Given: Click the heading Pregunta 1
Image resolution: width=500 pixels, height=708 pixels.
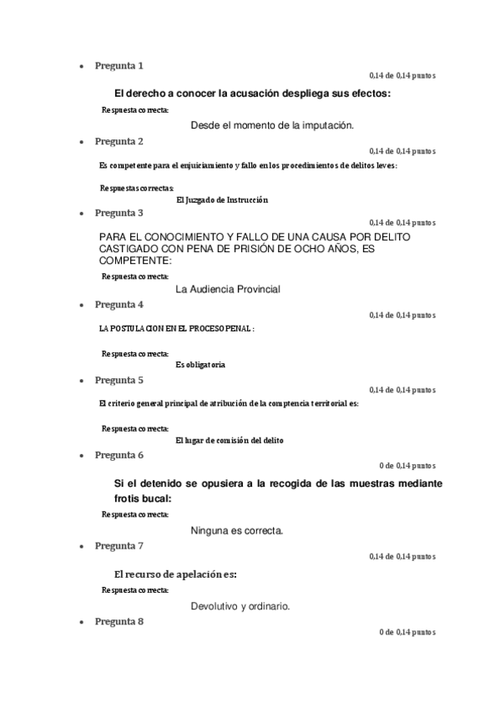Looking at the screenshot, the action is coord(119,65).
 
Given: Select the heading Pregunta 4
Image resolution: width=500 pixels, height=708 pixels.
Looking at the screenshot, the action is coord(119,304).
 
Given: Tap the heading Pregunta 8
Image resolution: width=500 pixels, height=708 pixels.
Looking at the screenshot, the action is coord(119,622).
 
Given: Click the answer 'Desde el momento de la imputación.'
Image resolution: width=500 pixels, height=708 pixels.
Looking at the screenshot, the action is coord(272,125).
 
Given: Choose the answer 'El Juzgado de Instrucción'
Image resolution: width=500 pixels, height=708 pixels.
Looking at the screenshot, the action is coord(223,200).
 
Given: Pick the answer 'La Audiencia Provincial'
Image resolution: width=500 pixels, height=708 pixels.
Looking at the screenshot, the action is coord(228,290).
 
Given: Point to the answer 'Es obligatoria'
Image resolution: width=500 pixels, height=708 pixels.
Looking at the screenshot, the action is coord(200,365).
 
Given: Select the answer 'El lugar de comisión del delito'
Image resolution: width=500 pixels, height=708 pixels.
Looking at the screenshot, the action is coord(229,440).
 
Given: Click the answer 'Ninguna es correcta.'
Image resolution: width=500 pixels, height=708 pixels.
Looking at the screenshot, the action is coord(237,530).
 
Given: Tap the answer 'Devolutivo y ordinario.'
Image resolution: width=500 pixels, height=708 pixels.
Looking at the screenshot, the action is coord(240,606).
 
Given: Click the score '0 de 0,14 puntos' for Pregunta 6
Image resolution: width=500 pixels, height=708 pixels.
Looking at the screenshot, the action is coord(407,466).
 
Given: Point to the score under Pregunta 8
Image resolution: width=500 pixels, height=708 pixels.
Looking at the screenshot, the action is coord(407,633).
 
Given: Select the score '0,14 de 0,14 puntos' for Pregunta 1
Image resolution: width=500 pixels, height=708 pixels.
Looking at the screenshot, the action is coord(402,76).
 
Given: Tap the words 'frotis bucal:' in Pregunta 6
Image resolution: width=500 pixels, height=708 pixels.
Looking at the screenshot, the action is coord(142,498).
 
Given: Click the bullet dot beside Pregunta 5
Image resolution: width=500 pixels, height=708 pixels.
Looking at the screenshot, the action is coord(80,381).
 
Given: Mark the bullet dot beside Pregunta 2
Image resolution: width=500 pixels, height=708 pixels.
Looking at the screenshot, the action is coord(80,142).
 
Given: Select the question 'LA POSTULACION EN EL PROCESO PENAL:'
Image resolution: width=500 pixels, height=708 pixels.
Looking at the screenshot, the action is coord(176,329).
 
